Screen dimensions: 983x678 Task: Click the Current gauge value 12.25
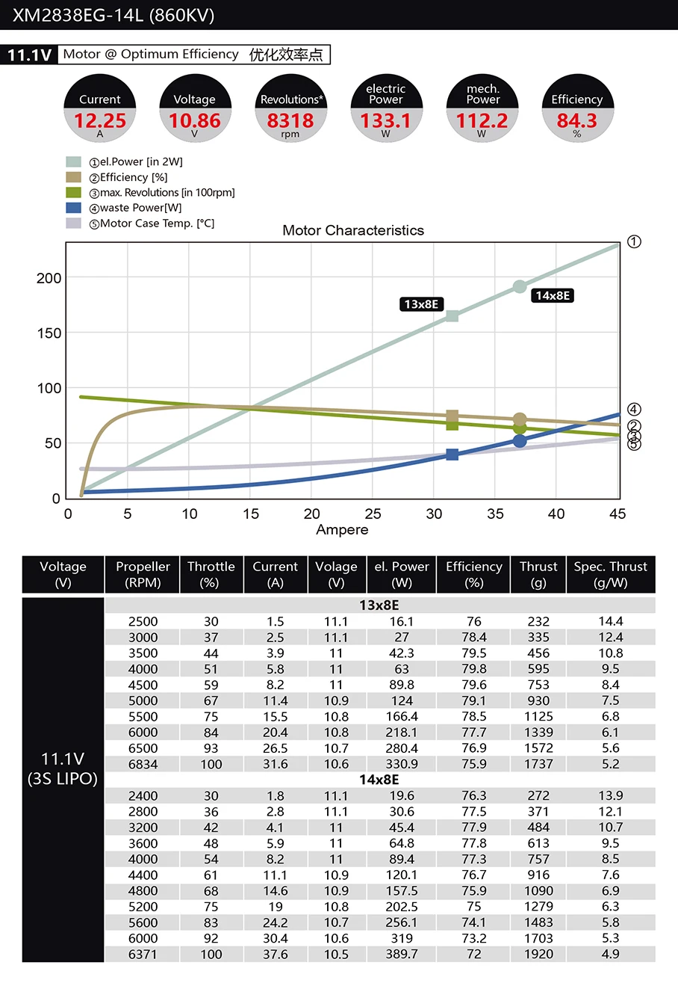100,121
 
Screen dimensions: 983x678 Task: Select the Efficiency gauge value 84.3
576,121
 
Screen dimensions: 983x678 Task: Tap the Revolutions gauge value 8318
290,121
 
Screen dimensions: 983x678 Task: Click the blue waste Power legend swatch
73,208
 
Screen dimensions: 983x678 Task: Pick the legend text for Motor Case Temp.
157,224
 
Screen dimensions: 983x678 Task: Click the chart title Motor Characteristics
353,230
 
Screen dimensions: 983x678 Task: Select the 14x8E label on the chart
553,295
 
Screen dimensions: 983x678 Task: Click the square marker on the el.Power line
452,315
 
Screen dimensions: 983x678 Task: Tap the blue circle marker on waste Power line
520,441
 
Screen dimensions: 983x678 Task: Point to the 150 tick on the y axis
50,333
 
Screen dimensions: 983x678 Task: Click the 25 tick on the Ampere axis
373,514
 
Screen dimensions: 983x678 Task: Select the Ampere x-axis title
342,530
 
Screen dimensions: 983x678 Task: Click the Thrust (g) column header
538,574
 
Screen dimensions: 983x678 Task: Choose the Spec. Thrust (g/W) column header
610,574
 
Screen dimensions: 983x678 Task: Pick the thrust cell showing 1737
538,764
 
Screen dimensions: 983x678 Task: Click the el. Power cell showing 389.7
402,954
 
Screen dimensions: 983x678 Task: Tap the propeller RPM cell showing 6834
143,764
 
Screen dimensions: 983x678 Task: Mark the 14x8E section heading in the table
379,780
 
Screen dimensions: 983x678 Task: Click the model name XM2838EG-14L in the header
79,16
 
